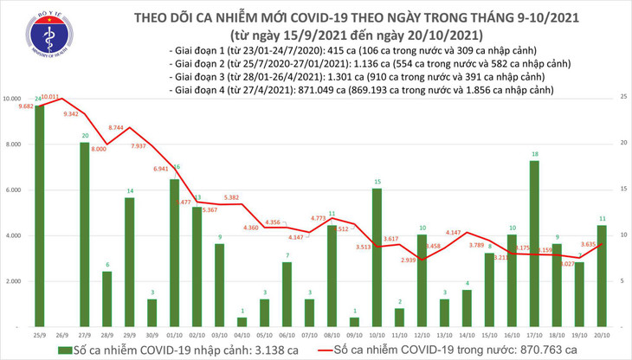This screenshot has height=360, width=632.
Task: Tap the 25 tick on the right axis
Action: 622,100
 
